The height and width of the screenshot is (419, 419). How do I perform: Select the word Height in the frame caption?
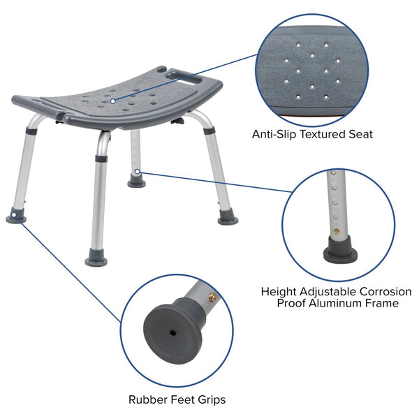tap(279, 291)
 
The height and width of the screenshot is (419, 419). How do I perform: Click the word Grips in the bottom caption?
tap(209, 399)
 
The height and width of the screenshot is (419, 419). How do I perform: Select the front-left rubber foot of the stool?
tap(16, 218)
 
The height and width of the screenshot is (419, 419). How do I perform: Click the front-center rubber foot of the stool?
tap(96, 260)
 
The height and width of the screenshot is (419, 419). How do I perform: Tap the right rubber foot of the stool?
tap(228, 219)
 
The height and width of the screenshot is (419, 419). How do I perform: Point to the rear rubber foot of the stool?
tap(137, 183)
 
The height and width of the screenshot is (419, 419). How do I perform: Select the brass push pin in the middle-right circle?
tap(336, 228)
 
